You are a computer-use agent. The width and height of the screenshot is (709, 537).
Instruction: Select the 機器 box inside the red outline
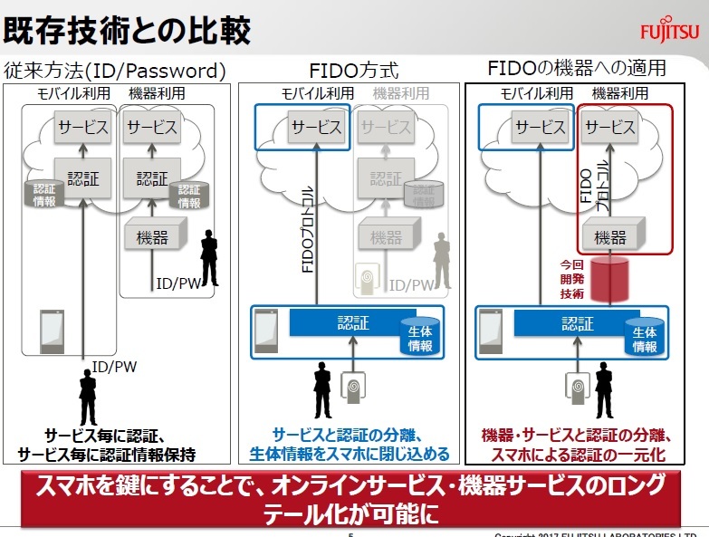[610, 237]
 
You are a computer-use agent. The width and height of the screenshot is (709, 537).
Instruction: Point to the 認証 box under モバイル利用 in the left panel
[82, 177]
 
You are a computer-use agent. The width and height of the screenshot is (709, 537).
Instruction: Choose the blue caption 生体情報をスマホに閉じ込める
[350, 454]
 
